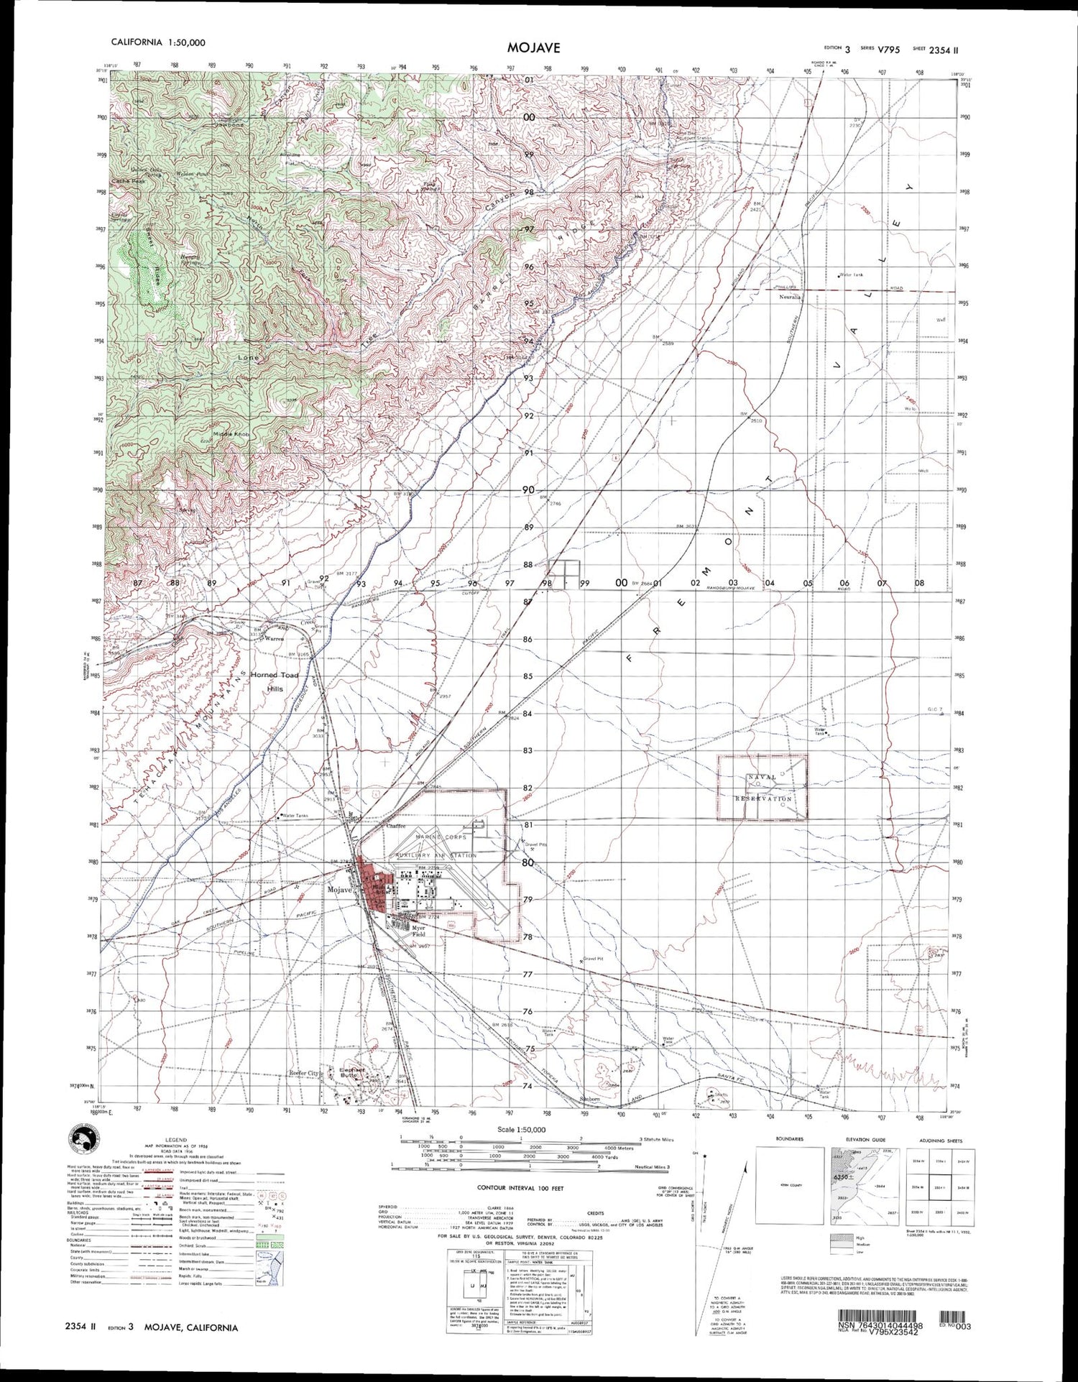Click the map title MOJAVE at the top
click(533, 47)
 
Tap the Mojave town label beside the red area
click(340, 890)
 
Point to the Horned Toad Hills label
click(274, 681)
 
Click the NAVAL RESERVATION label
click(763, 788)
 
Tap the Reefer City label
click(303, 1073)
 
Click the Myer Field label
click(418, 933)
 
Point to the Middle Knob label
click(231, 436)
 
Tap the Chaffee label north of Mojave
click(396, 826)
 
